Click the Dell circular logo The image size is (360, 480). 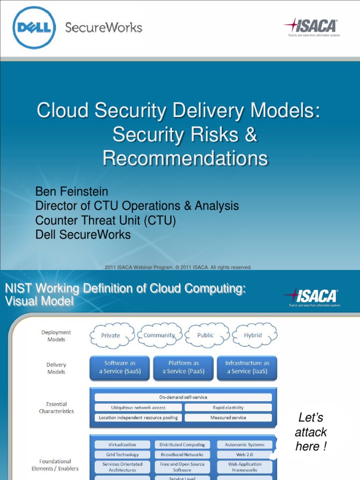(34, 28)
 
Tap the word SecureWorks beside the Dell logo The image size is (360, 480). (104, 27)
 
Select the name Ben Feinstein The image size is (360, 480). (72, 192)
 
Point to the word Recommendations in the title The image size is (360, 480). (185, 158)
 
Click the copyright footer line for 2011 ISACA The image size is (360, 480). (179, 267)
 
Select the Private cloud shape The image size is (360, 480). (111, 335)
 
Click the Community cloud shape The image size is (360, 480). (159, 335)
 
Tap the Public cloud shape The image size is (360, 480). (206, 335)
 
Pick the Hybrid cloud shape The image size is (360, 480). (253, 335)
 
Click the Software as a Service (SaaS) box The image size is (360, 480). (120, 367)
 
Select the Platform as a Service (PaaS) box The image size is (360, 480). (183, 367)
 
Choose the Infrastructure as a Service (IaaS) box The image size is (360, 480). (247, 367)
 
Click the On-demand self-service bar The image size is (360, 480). (183, 397)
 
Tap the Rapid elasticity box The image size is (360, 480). (228, 408)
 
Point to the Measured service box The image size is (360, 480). (228, 418)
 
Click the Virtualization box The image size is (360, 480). (122, 444)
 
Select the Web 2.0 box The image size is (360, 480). (244, 454)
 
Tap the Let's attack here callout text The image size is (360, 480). (311, 432)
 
